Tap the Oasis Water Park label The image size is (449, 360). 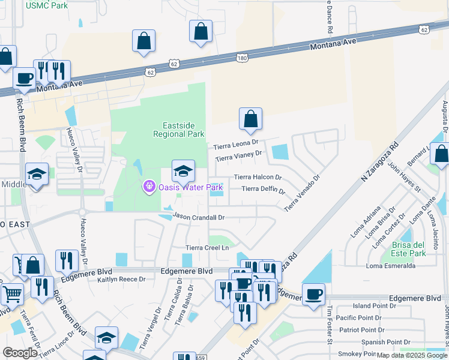coord(191,188)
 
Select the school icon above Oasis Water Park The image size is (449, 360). coord(183,172)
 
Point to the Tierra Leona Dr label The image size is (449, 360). coord(236,145)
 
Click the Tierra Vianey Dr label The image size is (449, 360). coord(239,156)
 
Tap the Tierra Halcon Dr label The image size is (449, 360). coord(258,177)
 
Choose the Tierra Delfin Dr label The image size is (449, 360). coord(263,190)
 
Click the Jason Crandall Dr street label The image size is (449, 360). coord(198,217)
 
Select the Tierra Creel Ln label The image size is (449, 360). coord(208,247)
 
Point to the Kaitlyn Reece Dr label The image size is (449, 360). coord(121,279)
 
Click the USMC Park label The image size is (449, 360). coord(47,5)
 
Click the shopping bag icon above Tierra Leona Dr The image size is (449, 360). coord(250,119)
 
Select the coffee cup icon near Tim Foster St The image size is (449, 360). coord(313,295)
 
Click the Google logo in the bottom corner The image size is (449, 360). coord(20,353)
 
